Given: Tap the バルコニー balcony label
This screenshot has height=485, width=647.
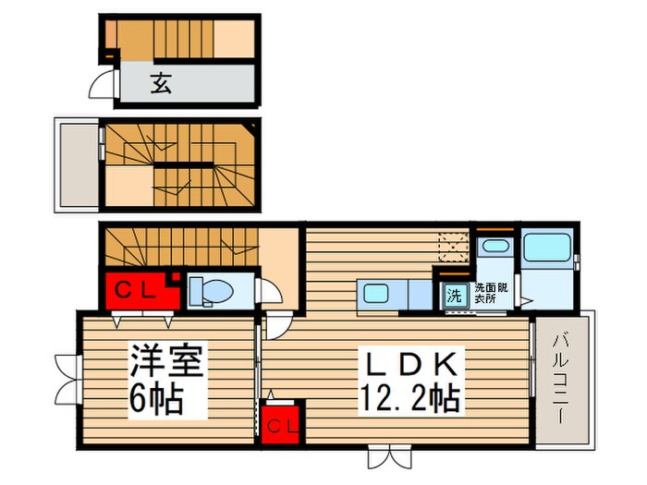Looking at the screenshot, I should coord(561,379).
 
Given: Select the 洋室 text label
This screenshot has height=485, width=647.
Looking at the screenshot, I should coord(166,358).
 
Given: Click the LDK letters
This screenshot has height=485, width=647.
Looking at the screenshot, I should coord(409,360).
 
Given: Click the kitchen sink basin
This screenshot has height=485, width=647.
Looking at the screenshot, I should coord(375,295).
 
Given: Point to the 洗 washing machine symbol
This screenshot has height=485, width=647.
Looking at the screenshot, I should coord(454,296).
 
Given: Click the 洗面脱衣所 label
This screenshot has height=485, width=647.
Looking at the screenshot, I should coord(486,293).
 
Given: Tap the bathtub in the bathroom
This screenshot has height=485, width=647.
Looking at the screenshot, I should coord(547,249).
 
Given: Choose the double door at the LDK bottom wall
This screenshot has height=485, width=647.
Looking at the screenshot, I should coord(385,456).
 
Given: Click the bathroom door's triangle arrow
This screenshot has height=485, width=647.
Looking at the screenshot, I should coord(523,298).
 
